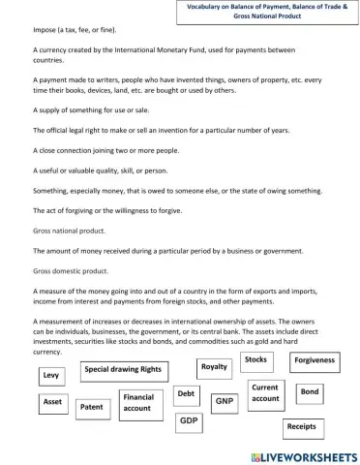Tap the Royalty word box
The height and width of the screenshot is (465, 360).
pyautogui.click(x=214, y=368)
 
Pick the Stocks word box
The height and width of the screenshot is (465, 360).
pyautogui.click(x=256, y=360)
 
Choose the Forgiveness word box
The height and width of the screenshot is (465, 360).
pyautogui.click(x=315, y=361)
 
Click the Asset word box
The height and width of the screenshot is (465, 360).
pyautogui.click(x=53, y=401)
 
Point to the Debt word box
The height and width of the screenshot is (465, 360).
pyautogui.click(x=187, y=394)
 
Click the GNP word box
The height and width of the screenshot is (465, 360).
pyautogui.click(x=225, y=400)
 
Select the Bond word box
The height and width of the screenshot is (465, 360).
pyautogui.click(x=310, y=392)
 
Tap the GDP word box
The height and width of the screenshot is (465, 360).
pyautogui.click(x=189, y=422)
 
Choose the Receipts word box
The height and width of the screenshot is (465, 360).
pyautogui.click(x=301, y=426)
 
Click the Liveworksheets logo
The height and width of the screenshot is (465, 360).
pyautogui.click(x=297, y=454)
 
